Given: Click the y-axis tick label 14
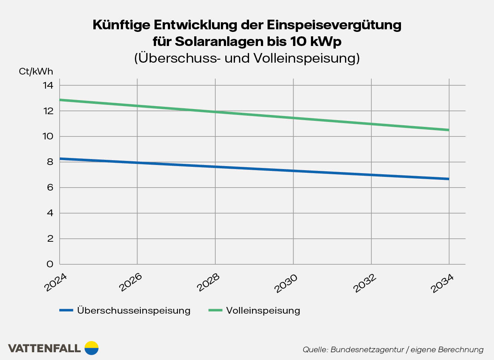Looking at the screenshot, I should coord(48,86).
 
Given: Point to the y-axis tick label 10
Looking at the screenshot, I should coord(48,136).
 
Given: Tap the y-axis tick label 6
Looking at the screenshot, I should coord(50,188).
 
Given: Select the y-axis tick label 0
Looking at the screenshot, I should coord(50,264).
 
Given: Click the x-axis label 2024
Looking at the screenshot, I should coord(56,283).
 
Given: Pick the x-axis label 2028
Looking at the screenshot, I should coord(208,283).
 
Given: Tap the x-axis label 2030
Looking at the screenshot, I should coord(286,283).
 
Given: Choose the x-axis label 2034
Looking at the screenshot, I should coord(442,283).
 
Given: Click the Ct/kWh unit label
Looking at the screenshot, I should coord(36,72).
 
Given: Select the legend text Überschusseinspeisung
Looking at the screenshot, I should coord(134,311).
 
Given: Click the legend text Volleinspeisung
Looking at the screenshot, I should coord(263,311).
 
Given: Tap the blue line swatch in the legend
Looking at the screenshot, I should coord(66,310).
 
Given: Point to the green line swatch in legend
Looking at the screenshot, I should coord(215,310).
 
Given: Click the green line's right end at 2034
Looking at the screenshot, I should coord(449,130).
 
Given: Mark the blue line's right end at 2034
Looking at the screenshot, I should coord(449,179).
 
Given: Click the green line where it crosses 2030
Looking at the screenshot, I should coord(293,118).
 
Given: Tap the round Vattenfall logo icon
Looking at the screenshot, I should coord(92,348).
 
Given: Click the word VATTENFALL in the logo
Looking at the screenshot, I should coord(44,349).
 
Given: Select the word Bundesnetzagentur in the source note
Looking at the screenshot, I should coord(367,350).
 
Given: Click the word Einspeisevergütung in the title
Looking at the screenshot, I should coord(334,25).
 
